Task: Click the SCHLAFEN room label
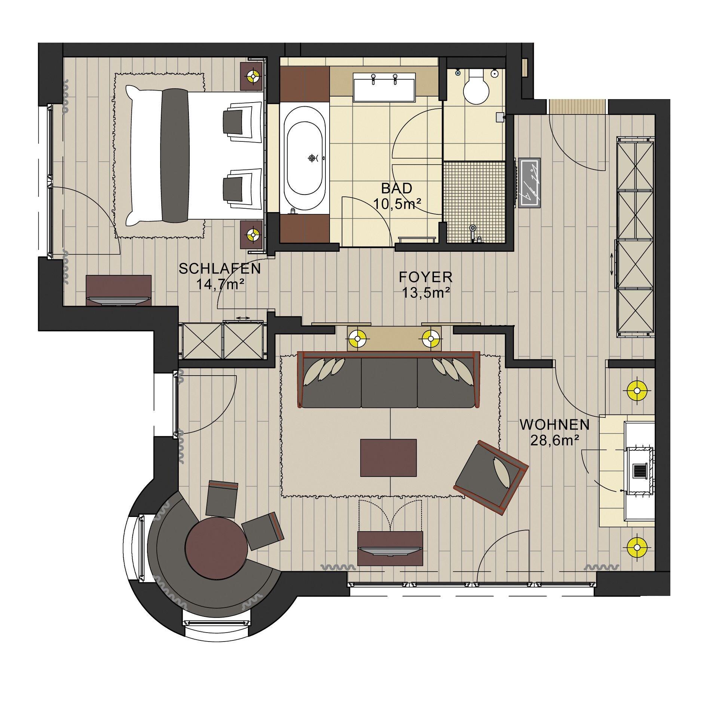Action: tap(220, 269)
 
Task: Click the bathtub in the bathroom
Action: tap(304, 159)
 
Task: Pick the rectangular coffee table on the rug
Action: tap(388, 457)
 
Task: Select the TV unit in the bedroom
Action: tap(119, 290)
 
